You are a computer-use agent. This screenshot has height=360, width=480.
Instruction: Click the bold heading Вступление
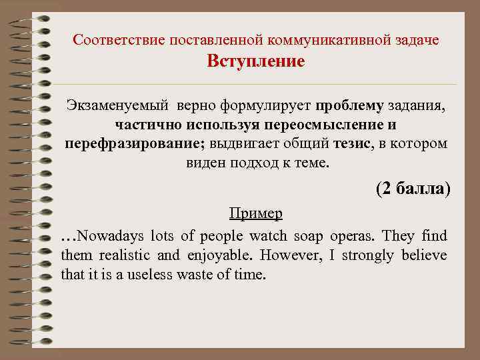click(255, 62)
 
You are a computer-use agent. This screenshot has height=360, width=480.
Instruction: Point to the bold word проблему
click(350, 107)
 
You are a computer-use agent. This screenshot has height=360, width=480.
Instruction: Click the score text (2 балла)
click(413, 189)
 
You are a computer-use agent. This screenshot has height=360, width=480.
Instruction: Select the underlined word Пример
click(255, 213)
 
